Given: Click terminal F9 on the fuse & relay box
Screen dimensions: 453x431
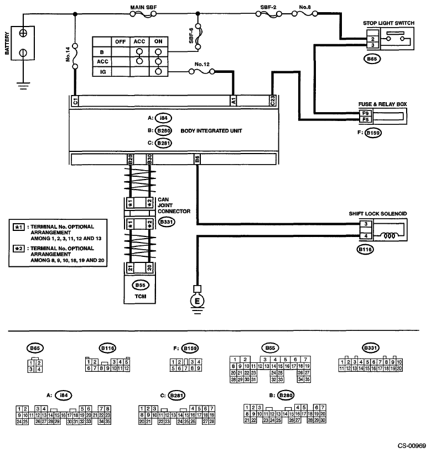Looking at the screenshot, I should click(365, 112).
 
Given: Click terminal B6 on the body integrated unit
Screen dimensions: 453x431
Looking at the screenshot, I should click(197, 159).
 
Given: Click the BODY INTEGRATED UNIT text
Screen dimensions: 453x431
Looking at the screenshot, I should click(212, 130).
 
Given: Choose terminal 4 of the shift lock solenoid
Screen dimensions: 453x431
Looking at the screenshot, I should click(366, 236).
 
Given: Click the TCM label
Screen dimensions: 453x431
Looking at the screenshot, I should click(139, 296).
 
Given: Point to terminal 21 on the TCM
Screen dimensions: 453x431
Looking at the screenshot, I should click(129, 268).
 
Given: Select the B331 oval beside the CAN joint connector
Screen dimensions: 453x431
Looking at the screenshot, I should click(167, 222).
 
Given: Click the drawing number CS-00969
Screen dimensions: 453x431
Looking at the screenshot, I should click(412, 445).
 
